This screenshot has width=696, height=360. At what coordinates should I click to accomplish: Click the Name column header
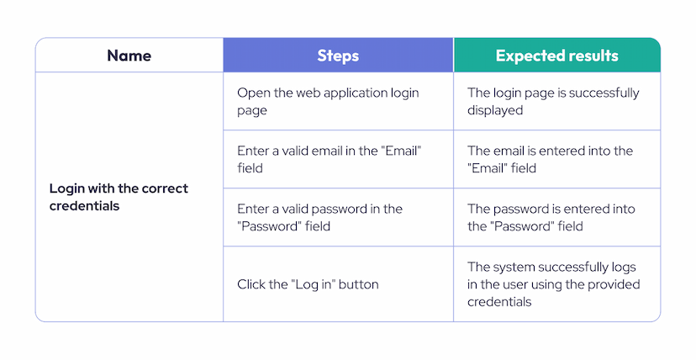(x=129, y=56)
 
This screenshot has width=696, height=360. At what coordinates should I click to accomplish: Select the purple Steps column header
(x=338, y=56)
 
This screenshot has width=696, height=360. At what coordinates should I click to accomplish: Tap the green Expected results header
(x=556, y=56)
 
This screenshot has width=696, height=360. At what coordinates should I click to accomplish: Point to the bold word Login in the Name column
(x=66, y=188)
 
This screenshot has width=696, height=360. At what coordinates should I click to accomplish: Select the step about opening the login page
(x=328, y=101)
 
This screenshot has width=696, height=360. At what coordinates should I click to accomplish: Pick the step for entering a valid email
(x=328, y=159)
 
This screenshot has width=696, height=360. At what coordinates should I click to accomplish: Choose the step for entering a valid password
(x=319, y=217)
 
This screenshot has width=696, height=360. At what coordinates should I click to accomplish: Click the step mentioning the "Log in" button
(x=308, y=284)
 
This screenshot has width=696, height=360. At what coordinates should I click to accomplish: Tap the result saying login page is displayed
(x=553, y=101)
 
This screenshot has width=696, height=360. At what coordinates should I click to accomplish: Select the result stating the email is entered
(x=550, y=159)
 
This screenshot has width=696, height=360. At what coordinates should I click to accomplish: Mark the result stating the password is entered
(x=551, y=217)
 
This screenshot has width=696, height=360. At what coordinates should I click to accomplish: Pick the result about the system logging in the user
(x=553, y=284)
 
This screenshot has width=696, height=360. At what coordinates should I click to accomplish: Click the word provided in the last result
(x=614, y=284)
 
